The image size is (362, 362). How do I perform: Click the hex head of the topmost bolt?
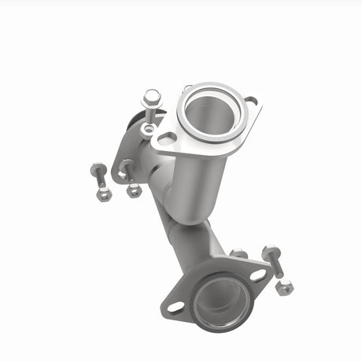click(150, 97)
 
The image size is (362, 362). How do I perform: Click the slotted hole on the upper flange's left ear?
click(166, 139)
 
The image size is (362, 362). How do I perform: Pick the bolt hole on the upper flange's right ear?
click(250, 102)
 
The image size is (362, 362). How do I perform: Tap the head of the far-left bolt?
click(98, 169)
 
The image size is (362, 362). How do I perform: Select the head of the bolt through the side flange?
click(126, 167)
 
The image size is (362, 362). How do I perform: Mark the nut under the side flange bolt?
click(135, 190)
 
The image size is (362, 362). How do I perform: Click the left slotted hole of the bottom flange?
click(175, 306)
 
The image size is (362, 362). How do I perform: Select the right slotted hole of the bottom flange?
click(257, 275)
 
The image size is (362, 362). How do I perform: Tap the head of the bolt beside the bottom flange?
click(271, 253)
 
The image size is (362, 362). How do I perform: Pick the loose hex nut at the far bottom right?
click(284, 287)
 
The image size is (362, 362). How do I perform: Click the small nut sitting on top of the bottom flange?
click(237, 253)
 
